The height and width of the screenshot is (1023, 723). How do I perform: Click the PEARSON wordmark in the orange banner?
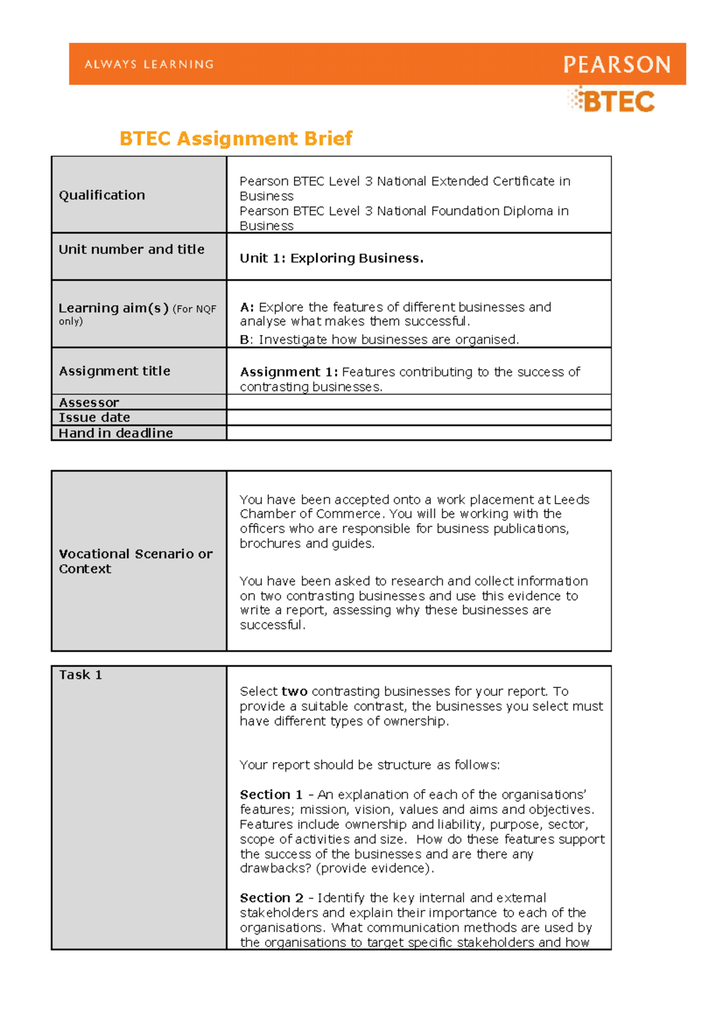(616, 64)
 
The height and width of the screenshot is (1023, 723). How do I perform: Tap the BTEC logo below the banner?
(612, 101)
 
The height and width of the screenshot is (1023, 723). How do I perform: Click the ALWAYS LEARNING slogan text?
(149, 64)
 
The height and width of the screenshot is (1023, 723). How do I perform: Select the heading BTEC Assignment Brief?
(236, 139)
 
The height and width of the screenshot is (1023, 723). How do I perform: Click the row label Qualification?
(102, 195)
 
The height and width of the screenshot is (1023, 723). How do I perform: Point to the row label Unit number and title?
(131, 249)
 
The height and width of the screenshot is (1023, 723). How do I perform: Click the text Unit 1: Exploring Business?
(331, 258)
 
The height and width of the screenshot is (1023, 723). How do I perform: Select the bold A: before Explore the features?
(247, 307)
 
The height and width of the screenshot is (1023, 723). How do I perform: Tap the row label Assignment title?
(114, 371)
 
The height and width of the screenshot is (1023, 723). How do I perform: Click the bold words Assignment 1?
(289, 372)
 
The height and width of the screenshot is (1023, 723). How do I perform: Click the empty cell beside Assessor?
(419, 402)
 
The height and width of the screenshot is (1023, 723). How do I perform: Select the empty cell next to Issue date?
(419, 418)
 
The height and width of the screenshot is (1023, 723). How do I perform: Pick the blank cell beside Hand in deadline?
(419, 433)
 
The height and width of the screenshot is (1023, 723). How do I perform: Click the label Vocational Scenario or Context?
(135, 561)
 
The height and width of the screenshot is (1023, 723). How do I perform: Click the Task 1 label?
(80, 675)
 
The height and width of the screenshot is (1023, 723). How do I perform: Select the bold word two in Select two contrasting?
(295, 692)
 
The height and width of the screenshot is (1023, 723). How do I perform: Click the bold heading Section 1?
(271, 795)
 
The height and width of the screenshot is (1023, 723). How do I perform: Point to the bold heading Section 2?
(271, 898)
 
